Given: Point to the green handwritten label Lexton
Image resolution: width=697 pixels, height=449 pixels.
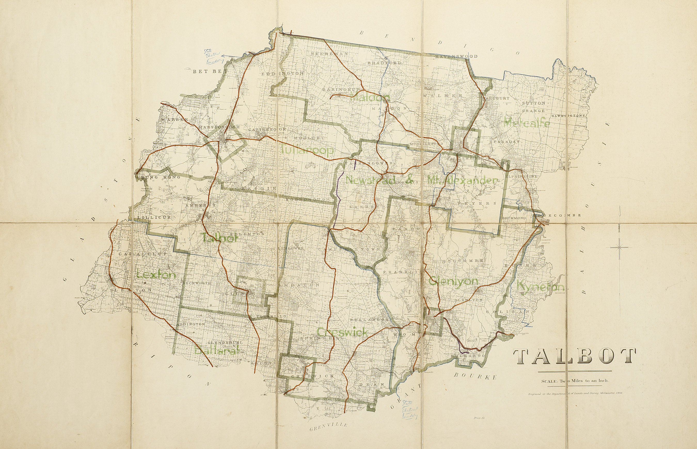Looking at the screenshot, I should click(156, 275).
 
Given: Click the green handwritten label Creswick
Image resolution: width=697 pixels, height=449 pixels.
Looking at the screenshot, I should click(342, 332).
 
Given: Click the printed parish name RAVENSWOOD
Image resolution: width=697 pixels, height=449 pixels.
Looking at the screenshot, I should click(456, 56).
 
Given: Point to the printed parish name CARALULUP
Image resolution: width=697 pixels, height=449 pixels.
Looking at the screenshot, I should click(143, 254).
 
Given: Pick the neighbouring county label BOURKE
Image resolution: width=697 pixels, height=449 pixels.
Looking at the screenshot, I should click(475, 376).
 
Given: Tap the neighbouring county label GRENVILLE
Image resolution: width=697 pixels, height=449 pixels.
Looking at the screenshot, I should click(329, 427).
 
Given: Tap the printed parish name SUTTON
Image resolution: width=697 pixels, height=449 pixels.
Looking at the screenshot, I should click(533, 103).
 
